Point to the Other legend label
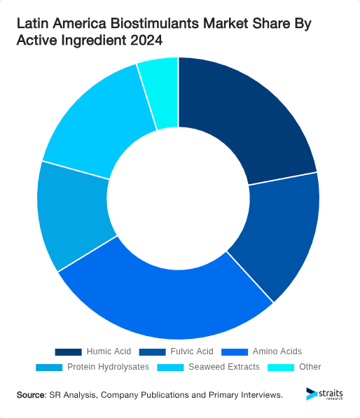[x=310, y=366]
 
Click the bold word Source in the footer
[x=31, y=396]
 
